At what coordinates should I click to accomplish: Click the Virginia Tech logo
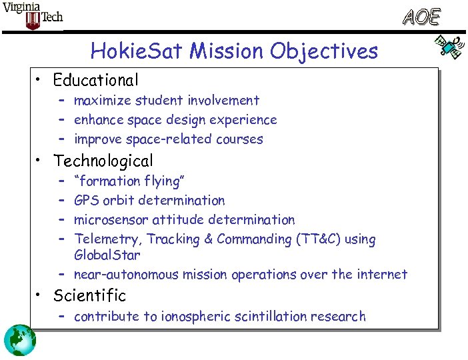tap(33, 15)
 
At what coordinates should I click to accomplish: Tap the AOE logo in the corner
tap(421, 17)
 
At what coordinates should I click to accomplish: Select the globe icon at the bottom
tap(19, 340)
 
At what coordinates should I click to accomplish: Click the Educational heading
tap(96, 81)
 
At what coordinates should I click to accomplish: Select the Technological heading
tap(103, 161)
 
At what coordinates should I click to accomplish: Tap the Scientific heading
tap(89, 295)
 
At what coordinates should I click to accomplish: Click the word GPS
tap(87, 200)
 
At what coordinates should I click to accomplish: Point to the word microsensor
tap(111, 219)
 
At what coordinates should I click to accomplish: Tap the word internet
tap(380, 274)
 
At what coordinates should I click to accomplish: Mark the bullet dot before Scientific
tap(41, 295)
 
